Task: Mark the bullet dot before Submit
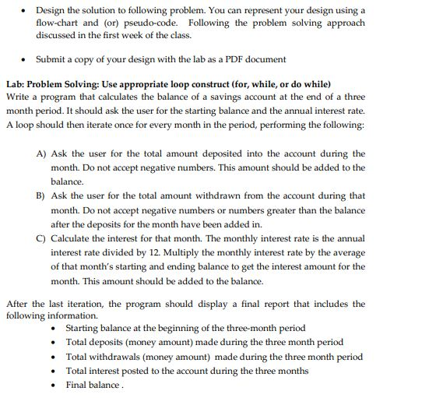28,59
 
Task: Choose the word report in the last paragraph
242,304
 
